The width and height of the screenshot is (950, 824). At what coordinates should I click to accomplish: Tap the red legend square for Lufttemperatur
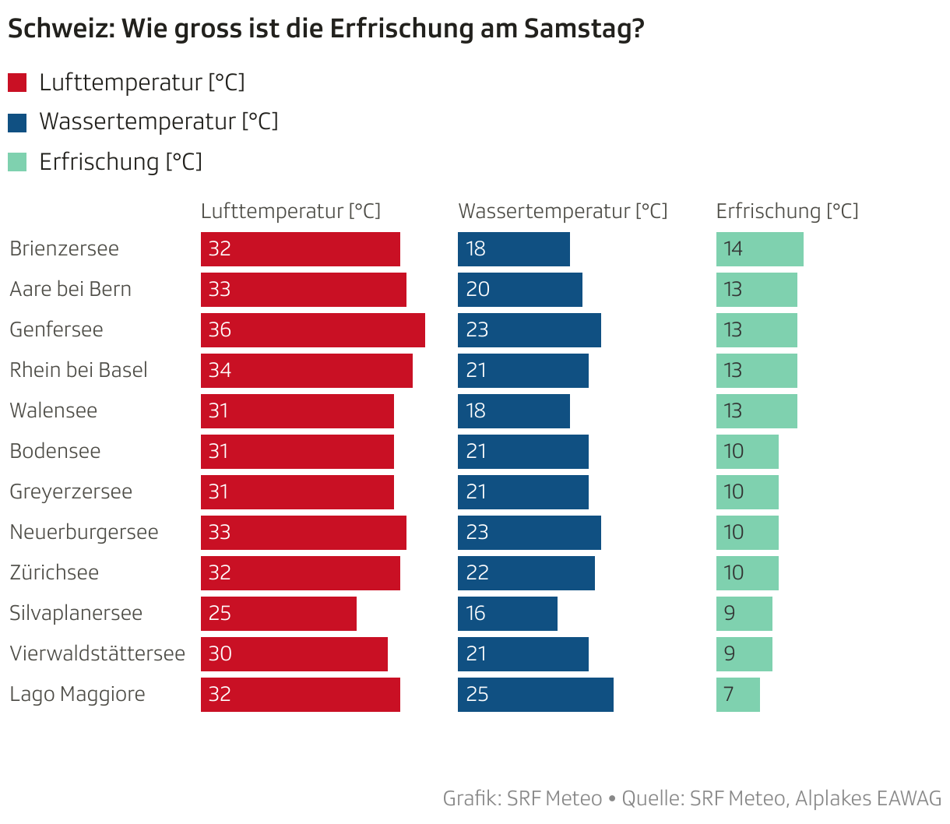[17, 83]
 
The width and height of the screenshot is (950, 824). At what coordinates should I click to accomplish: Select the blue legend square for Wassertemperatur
[17, 122]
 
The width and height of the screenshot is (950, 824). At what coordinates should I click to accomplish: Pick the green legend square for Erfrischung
[17, 162]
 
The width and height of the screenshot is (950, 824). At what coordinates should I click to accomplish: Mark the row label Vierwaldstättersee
[97, 653]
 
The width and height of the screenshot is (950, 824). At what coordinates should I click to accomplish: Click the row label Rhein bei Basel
[79, 370]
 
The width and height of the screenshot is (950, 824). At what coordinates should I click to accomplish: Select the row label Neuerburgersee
[84, 532]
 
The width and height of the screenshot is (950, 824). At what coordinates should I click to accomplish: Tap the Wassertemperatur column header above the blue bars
[563, 211]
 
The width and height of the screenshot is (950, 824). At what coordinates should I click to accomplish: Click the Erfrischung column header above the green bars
[787, 211]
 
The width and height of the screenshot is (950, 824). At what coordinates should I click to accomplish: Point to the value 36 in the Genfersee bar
[220, 330]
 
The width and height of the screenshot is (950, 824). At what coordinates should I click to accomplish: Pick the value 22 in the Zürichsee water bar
[477, 573]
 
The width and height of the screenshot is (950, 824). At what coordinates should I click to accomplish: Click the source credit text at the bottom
[691, 798]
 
